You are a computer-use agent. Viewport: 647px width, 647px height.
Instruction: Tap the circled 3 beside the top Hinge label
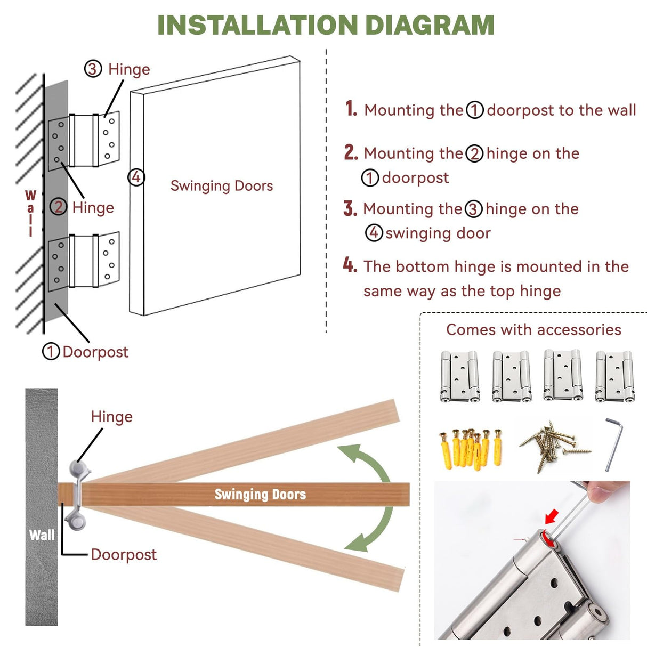point(93,69)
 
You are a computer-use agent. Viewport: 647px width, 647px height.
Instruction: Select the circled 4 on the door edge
point(136,177)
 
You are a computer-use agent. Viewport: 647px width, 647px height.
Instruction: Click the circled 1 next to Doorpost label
point(51,351)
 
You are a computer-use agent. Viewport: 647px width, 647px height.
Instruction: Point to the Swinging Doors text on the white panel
point(222,185)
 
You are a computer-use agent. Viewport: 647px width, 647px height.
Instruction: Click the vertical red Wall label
point(30,213)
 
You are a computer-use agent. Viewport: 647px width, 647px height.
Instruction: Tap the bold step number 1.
point(351,109)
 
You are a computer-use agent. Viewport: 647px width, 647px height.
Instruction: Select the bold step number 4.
point(350,265)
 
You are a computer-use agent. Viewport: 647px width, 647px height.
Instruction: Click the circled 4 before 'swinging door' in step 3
point(374,233)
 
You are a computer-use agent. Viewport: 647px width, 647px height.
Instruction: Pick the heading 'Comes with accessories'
point(533,329)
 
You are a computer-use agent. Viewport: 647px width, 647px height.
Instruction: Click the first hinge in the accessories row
point(459,376)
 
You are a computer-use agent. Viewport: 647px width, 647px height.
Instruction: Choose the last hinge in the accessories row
point(614,376)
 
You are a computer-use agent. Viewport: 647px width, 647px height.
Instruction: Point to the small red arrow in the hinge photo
point(552,516)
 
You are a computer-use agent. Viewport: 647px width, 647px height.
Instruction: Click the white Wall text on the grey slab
point(42,535)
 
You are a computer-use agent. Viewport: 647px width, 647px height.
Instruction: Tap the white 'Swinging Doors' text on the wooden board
point(260,495)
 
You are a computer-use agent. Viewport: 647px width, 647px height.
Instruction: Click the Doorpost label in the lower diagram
point(124,554)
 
